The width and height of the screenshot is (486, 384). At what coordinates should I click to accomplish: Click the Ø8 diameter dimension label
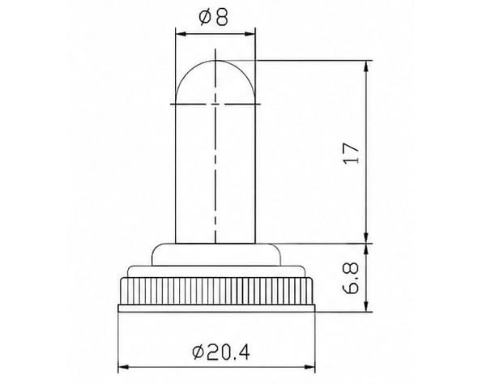214,17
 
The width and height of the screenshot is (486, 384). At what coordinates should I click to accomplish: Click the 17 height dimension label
352,153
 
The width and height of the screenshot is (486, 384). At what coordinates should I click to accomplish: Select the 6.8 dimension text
351,279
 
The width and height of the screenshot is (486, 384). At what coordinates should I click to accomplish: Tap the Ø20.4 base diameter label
221,352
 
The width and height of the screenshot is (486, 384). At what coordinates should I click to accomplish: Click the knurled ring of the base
216,292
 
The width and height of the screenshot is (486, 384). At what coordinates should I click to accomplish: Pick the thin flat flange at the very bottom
216,308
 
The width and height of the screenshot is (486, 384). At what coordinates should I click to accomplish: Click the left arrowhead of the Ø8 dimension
181,34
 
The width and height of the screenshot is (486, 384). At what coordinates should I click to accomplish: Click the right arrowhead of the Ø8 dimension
250,34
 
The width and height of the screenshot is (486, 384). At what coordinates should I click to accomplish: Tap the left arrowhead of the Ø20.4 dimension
123,367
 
